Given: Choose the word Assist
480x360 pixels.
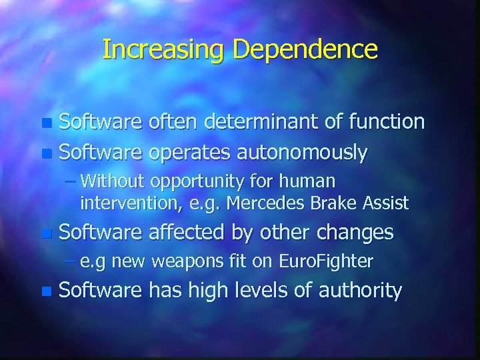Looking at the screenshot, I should point(383,202).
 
